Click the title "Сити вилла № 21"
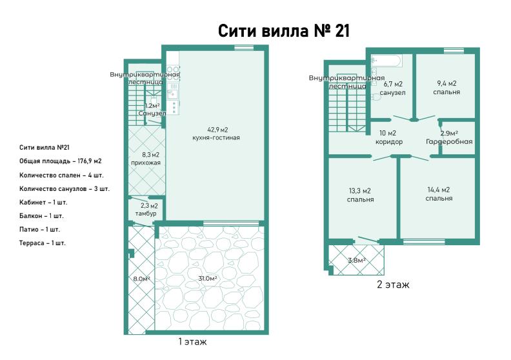[283, 31]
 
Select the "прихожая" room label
[146, 163]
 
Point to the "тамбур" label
[146, 214]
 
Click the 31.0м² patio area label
[208, 279]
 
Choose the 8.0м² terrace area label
[141, 279]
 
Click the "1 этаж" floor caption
[192, 342]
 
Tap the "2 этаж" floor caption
[393, 285]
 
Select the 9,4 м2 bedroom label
[446, 88]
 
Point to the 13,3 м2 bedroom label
[360, 195]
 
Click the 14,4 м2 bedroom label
[439, 194]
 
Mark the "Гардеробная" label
[449, 142]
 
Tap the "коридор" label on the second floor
[389, 142]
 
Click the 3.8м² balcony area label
[357, 260]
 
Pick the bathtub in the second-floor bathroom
[387, 60]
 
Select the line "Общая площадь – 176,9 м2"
[60, 161]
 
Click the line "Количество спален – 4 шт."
[61, 175]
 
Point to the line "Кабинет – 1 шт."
[43, 203]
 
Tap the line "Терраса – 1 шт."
[43, 243]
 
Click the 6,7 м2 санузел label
[392, 88]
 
